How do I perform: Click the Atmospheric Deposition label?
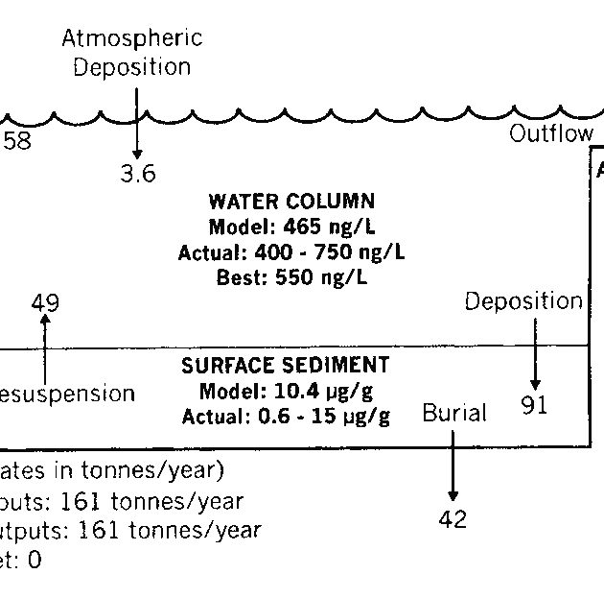pyautogui.click(x=132, y=53)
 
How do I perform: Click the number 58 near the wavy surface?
pyautogui.click(x=16, y=141)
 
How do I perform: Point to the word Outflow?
pyautogui.click(x=550, y=133)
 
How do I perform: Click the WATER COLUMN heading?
pyautogui.click(x=291, y=202)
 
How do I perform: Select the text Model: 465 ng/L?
pyautogui.click(x=291, y=227)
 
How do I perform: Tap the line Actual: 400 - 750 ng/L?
pyautogui.click(x=291, y=252)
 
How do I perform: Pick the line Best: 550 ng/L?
pyautogui.click(x=291, y=278)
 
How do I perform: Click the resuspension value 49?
pyautogui.click(x=45, y=302)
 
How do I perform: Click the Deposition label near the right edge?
pyautogui.click(x=523, y=301)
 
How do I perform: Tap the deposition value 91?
pyautogui.click(x=534, y=405)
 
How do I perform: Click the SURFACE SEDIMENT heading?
pyautogui.click(x=286, y=365)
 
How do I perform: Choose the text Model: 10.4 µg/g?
pyautogui.click(x=286, y=391)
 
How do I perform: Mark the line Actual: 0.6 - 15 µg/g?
pyautogui.click(x=286, y=416)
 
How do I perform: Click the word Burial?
pyautogui.click(x=454, y=414)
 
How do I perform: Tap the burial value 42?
pyautogui.click(x=453, y=519)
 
